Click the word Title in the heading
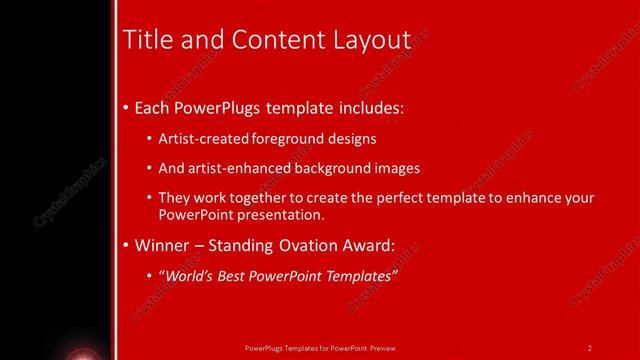tap(144, 39)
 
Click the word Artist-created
tap(196, 139)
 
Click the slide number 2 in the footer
tap(590, 348)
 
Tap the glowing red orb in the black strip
tap(81, 354)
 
